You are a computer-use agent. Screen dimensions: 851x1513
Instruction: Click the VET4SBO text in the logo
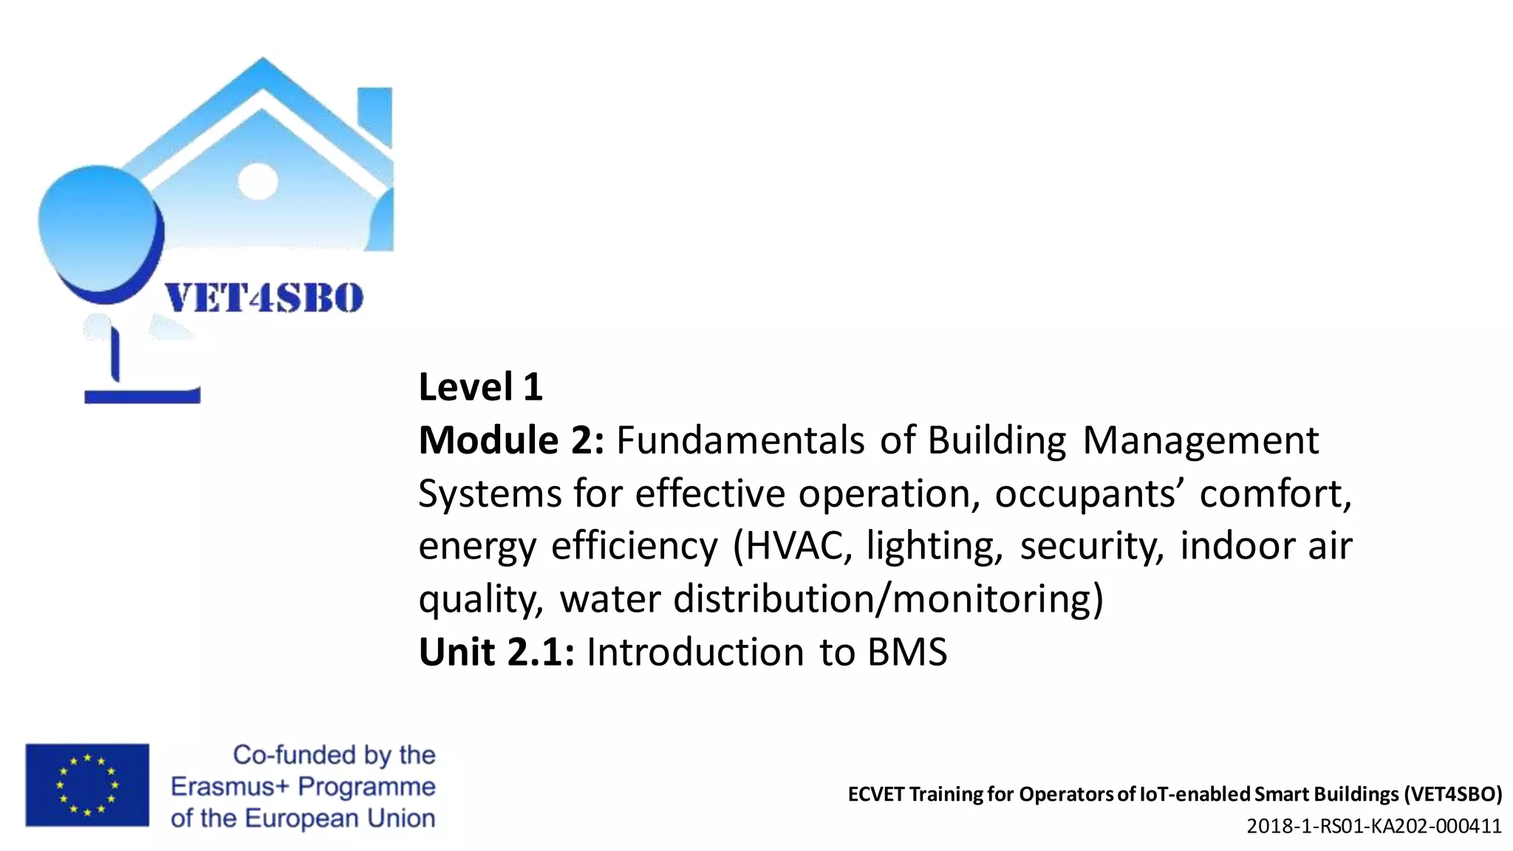coord(264,298)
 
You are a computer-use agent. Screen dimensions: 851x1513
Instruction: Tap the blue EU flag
coord(87,785)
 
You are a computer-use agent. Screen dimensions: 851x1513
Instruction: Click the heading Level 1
coord(480,387)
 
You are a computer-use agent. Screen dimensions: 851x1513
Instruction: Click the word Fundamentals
coord(740,440)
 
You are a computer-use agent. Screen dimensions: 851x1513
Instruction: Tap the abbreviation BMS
coord(907,652)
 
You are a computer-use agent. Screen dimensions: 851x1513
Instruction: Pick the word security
coord(1092,547)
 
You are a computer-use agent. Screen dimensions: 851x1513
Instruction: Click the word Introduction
coord(695,652)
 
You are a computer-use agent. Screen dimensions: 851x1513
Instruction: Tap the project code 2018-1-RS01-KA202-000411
coord(1374,826)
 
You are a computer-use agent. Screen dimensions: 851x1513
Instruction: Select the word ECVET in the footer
coord(875,794)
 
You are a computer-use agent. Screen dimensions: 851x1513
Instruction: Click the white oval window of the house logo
coord(258,180)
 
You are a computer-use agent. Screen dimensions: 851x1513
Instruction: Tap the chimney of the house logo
coord(375,115)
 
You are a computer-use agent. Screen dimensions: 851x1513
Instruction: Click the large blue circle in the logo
coord(98,229)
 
